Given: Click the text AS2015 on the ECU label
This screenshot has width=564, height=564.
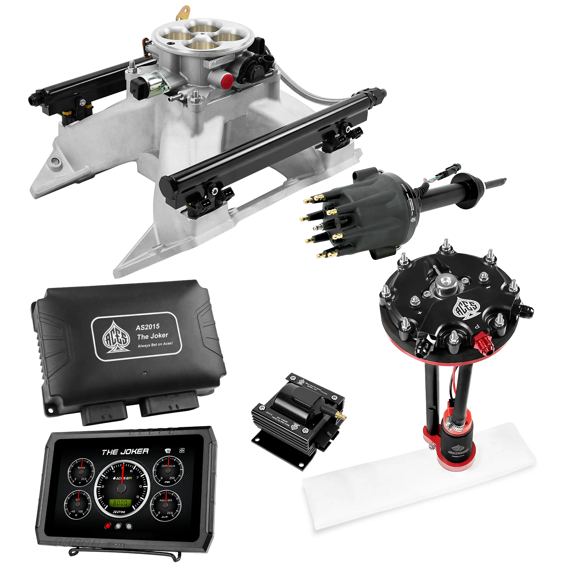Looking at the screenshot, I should coord(147,327).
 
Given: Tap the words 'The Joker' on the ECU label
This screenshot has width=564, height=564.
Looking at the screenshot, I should coord(153,336).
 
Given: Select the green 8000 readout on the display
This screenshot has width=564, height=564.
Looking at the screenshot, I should coord(120,503).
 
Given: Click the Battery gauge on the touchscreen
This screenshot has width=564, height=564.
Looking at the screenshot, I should coord(81,472).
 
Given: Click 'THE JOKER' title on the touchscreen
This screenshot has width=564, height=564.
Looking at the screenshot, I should coord(125,452).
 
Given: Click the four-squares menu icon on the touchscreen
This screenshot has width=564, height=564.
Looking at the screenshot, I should coord(182,450).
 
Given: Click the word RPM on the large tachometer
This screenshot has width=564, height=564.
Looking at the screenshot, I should coord(119,511).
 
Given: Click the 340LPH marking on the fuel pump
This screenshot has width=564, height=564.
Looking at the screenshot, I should coord(458,456).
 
